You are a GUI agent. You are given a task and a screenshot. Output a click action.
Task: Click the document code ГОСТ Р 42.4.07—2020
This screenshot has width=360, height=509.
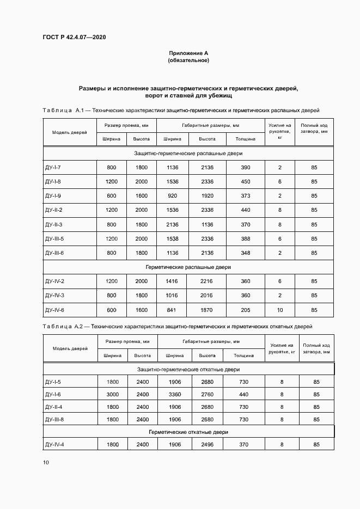(74, 37)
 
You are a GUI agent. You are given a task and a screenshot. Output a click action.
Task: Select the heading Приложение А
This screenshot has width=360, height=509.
(188, 53)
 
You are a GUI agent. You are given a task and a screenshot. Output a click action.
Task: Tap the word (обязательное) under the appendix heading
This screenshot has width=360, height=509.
(188, 60)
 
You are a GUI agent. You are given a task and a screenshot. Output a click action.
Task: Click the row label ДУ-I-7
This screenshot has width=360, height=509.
(53, 167)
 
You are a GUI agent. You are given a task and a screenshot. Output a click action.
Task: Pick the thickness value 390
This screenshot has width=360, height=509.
(246, 167)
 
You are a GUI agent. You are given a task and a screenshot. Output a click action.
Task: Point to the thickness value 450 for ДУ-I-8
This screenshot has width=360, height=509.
(246, 181)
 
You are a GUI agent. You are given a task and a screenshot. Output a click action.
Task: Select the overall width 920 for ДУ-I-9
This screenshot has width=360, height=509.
(172, 195)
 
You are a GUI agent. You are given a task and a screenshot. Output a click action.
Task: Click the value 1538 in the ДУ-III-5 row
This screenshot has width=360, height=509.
(172, 238)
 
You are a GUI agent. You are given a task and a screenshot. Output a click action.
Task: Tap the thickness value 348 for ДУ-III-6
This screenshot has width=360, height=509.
(246, 253)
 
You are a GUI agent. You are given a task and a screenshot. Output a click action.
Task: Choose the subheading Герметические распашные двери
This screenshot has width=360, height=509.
(188, 267)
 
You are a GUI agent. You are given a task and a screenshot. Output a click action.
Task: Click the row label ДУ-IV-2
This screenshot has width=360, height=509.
(55, 281)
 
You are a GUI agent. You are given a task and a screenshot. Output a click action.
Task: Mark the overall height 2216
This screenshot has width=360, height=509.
(207, 281)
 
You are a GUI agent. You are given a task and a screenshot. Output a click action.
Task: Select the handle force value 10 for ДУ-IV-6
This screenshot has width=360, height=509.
(280, 310)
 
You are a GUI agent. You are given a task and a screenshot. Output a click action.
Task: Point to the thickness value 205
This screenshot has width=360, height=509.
(246, 310)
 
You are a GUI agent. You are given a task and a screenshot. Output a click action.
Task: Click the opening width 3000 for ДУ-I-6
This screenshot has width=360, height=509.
(112, 394)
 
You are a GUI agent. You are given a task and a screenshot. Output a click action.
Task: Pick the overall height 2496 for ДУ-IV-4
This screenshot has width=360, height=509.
(207, 445)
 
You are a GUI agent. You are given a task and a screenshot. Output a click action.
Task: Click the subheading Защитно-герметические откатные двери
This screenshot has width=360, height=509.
(188, 369)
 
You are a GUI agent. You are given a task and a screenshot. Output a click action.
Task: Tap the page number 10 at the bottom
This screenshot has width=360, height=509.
(46, 463)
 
